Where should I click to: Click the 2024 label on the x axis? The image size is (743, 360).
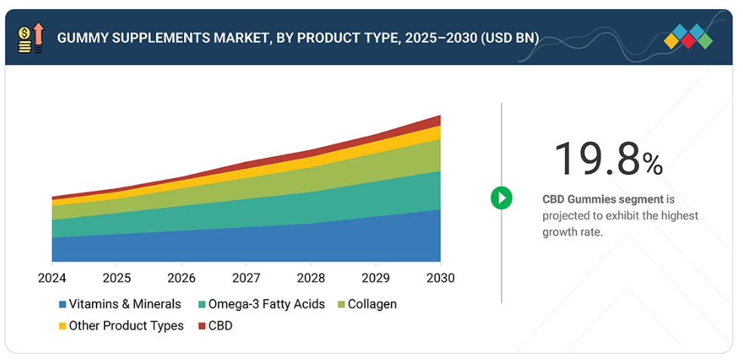52,278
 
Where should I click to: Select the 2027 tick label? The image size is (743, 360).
246,278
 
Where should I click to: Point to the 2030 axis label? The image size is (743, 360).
440,278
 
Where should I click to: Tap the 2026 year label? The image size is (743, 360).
181,278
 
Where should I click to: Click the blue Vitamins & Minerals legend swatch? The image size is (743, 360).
62,305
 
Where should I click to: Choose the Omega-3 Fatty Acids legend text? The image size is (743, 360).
266,305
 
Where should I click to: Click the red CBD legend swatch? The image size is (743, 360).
201,326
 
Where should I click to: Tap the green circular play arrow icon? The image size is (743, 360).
501,198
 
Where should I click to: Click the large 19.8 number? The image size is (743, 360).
597,159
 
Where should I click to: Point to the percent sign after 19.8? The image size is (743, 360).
652,163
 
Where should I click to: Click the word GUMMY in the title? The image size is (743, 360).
84,38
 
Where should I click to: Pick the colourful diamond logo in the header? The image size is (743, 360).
688,37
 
